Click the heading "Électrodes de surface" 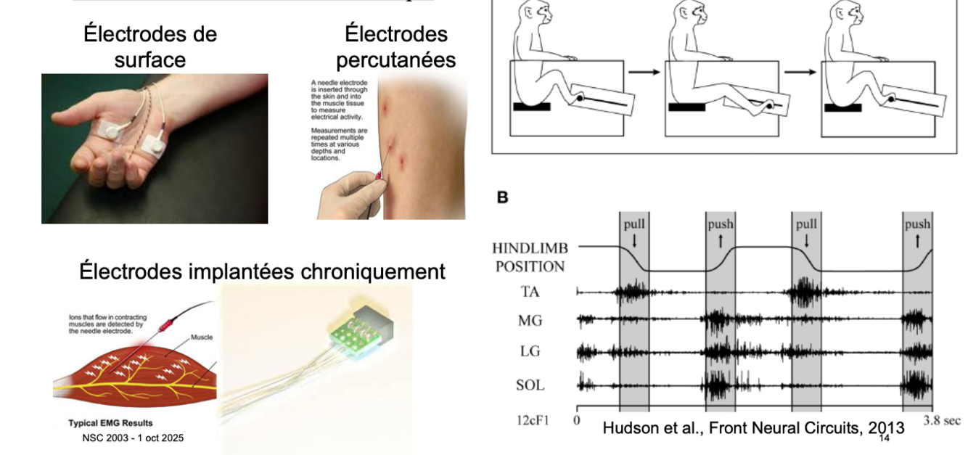pos(150,46)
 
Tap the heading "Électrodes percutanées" pos(395,46)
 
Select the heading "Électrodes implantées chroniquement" pos(262,271)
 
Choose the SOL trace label pos(530,385)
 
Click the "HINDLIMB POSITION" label pos(530,258)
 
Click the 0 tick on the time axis pos(577,419)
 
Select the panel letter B pos(501,197)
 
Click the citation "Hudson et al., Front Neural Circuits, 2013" pos(753,428)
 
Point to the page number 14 pos(884,438)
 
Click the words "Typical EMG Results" pos(110,423)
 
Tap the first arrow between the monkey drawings pos(644,72)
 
